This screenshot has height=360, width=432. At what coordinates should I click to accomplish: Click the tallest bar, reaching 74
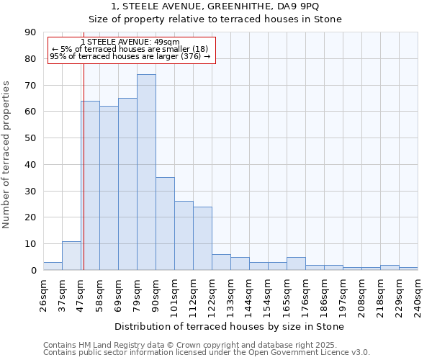146,172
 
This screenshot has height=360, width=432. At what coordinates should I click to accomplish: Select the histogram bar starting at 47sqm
90,186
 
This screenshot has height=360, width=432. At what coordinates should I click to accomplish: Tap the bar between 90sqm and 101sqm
165,224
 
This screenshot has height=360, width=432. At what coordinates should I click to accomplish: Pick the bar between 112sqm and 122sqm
202,238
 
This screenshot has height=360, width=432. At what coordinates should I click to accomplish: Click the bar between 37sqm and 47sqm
71,256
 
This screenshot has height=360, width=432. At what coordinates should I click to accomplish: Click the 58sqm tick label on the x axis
99,292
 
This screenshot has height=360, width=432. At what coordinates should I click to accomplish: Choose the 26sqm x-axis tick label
43,292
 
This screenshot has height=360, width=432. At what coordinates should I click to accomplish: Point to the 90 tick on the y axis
30,32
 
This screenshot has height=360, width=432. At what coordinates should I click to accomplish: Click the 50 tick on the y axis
30,138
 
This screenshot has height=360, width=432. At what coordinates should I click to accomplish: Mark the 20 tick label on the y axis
30,217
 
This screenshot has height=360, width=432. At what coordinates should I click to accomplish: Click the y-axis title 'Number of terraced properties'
7,155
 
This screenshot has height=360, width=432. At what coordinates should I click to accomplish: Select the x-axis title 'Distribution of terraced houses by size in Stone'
230,327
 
